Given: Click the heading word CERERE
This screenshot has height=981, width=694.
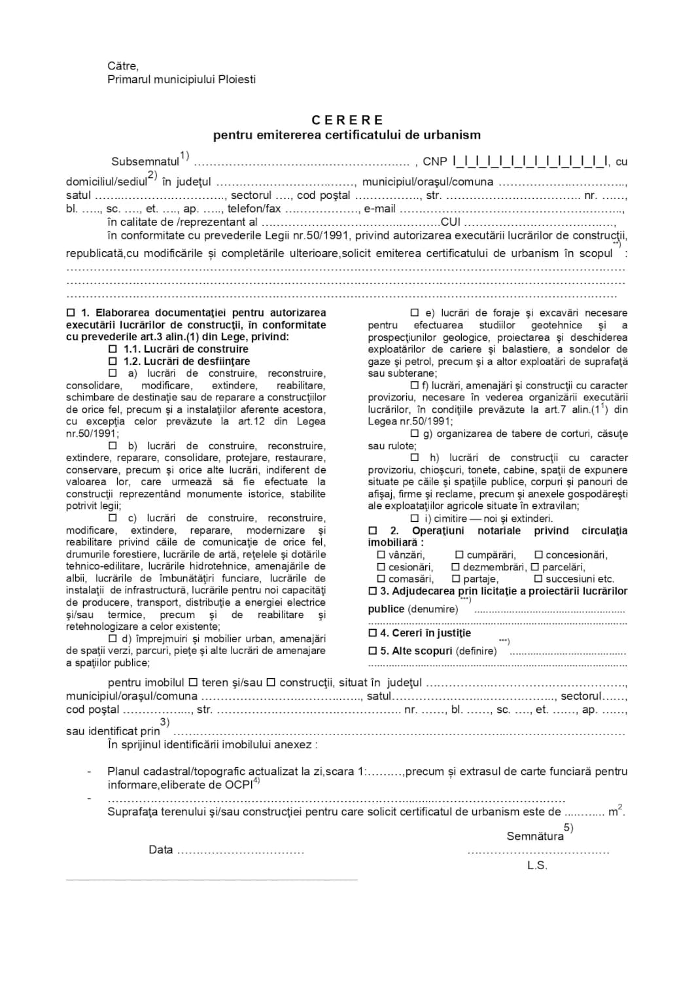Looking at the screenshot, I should coord(347,120).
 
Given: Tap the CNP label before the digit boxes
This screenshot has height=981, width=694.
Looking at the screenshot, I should coord(435,162).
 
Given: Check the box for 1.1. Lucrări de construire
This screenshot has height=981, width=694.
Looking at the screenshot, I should coord(113,349).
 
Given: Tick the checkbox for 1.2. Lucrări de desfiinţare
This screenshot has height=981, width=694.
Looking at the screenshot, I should coord(113,361).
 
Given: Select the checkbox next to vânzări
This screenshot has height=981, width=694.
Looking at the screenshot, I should coord(381,555).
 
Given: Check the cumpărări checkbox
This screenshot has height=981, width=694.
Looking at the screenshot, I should coord(459,555).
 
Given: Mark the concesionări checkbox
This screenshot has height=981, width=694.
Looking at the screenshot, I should coord(538,555).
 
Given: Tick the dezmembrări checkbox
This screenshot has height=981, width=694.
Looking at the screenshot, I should coord(456,567).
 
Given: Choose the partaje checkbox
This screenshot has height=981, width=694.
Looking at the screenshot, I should coord(456,579).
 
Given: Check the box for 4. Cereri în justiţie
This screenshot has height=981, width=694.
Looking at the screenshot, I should coord(373,633).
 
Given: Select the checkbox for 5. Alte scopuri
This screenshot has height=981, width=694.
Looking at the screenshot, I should coord(373,651).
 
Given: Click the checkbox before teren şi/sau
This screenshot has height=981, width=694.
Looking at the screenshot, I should coord(193,683).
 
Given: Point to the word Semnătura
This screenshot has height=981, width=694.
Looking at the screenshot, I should coord(534,836).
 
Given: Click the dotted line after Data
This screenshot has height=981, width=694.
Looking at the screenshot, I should coord(241,851).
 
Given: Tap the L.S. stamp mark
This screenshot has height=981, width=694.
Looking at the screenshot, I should coord(536,866).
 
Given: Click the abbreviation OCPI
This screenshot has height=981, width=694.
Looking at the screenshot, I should coord(238,785).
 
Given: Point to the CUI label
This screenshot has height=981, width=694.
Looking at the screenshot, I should coord(451,222).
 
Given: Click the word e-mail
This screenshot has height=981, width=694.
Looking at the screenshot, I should coord(380,209).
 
